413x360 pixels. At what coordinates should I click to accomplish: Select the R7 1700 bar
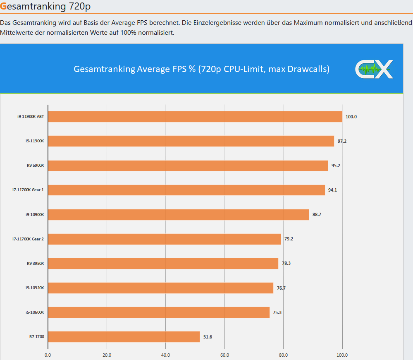pyautogui.click(x=124, y=337)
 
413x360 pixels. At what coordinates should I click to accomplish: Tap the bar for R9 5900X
pyautogui.click(x=188, y=166)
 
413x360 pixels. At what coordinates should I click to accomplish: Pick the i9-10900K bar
pyautogui.click(x=179, y=214)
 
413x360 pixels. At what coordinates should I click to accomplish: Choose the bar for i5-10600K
pyautogui.click(x=159, y=312)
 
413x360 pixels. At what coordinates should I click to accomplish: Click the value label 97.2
pyautogui.click(x=342, y=141)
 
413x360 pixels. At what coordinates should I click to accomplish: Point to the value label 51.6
pyautogui.click(x=208, y=337)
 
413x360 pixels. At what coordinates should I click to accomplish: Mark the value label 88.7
pyautogui.click(x=317, y=214)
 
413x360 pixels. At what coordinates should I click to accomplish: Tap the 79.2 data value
pyautogui.click(x=289, y=239)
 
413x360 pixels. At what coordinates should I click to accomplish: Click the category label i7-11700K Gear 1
pyautogui.click(x=28, y=190)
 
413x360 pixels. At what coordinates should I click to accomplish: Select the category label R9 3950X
pyautogui.click(x=36, y=263)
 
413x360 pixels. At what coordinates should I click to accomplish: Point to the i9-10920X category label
pyautogui.click(x=35, y=288)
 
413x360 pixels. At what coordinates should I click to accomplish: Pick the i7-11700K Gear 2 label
pyautogui.click(x=28, y=239)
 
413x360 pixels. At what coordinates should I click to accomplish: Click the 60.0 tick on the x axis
pyautogui.click(x=224, y=355)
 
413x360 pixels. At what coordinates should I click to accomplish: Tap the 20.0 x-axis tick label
pyautogui.click(x=107, y=355)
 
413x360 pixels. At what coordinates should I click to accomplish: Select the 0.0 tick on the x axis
pyautogui.click(x=48, y=355)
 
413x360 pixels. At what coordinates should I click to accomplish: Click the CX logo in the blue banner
pyautogui.click(x=374, y=69)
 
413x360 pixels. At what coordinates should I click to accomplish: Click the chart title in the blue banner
pyautogui.click(x=201, y=69)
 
